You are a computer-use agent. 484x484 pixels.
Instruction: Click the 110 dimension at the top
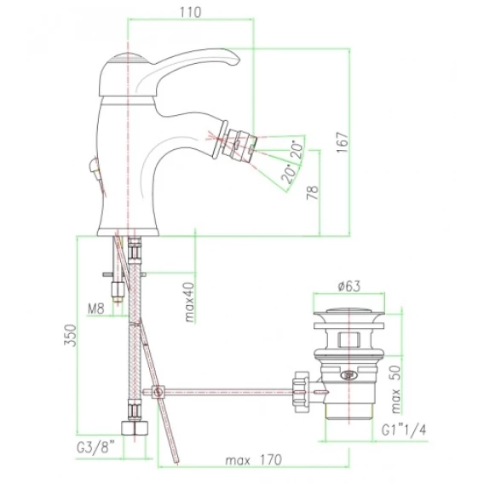190,12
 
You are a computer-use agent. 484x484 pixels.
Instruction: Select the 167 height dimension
342,142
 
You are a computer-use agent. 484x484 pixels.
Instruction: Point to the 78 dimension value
313,193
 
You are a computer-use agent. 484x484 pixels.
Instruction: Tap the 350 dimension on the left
70,335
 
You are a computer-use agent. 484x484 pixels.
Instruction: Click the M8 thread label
96,308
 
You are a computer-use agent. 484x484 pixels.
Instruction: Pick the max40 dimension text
189,302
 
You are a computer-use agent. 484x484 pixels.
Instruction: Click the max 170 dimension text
254,460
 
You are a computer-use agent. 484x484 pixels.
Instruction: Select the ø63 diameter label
349,286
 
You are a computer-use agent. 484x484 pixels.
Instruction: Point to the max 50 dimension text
395,390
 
